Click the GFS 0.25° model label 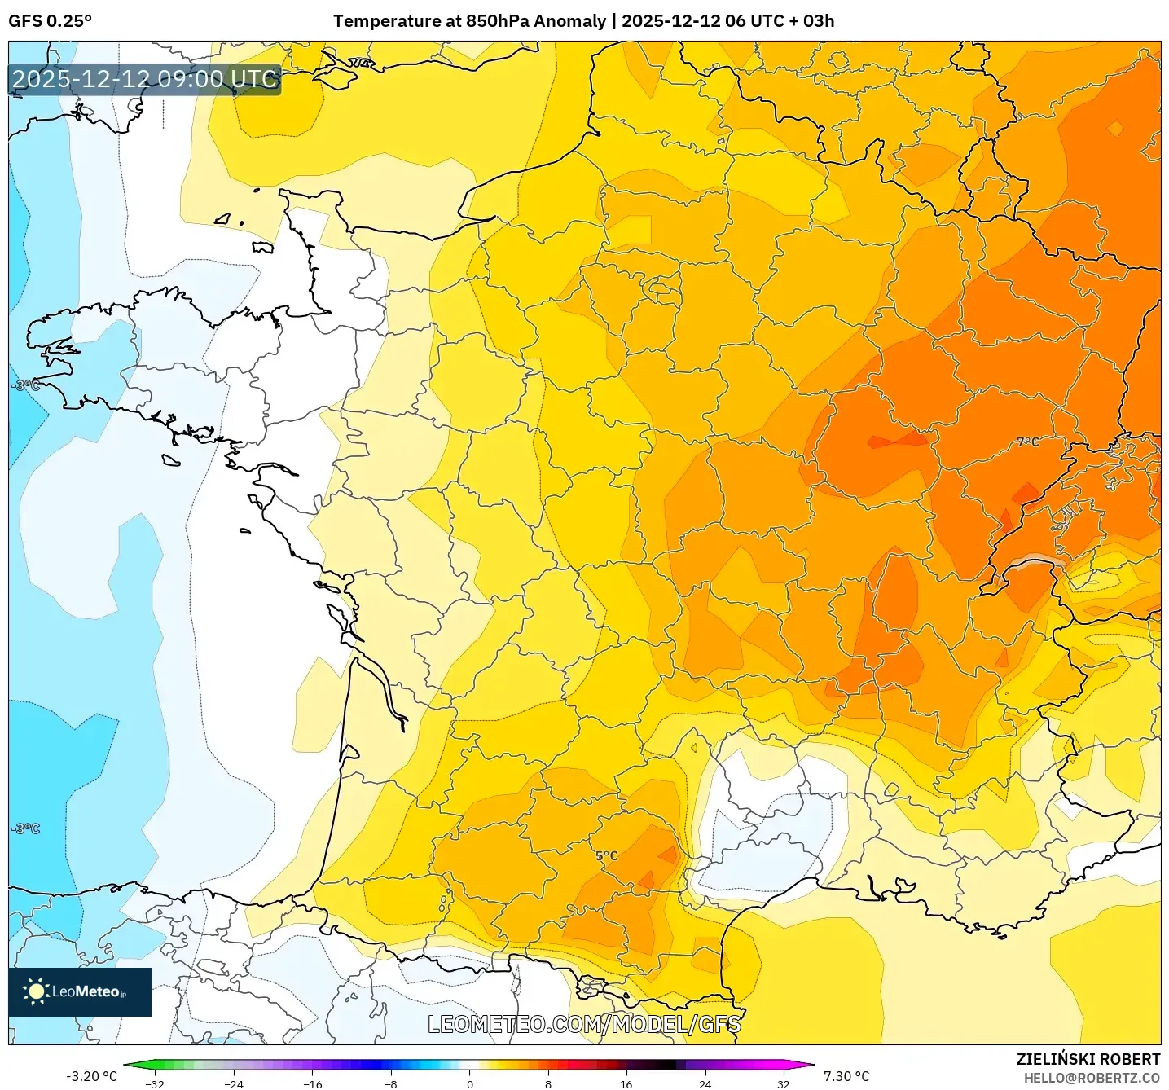click(x=50, y=21)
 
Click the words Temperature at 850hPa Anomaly click(x=469, y=21)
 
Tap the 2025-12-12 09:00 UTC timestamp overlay click(x=145, y=79)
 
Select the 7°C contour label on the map click(x=1028, y=442)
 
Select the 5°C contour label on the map click(x=606, y=856)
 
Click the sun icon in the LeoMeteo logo click(x=36, y=991)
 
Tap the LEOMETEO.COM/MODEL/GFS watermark click(x=584, y=1024)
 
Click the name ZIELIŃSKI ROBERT click(x=1088, y=1059)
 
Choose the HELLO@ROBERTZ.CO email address click(x=1092, y=1078)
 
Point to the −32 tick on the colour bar click(x=155, y=1084)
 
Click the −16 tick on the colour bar click(x=312, y=1084)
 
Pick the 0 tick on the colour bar click(x=470, y=1084)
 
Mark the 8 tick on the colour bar click(x=548, y=1084)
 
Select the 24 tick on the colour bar click(x=705, y=1084)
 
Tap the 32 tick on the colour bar click(x=783, y=1084)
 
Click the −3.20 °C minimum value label click(x=91, y=1076)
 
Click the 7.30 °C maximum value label click(x=846, y=1076)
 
